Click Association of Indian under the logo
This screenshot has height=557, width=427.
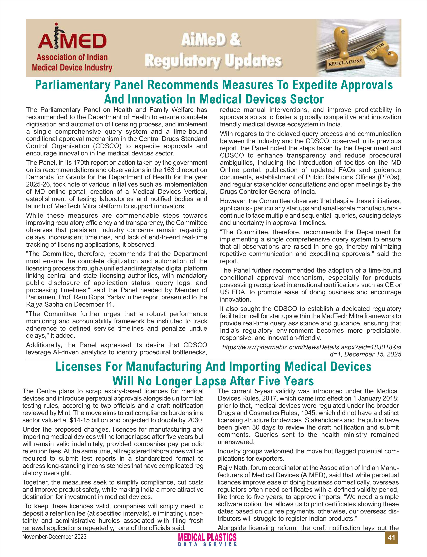(72, 57)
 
